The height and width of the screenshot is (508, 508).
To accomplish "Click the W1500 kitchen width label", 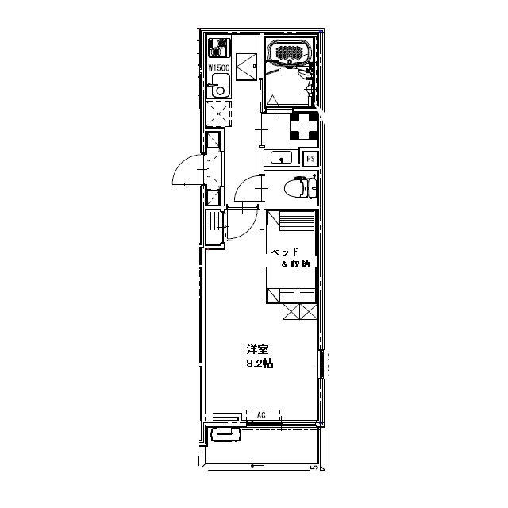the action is [x=219, y=68].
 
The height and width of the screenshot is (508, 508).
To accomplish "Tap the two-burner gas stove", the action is [x=219, y=48].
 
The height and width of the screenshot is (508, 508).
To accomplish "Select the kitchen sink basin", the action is [x=221, y=86].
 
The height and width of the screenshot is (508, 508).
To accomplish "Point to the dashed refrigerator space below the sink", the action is [x=219, y=114].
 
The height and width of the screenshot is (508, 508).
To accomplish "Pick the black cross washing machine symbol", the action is [x=304, y=125].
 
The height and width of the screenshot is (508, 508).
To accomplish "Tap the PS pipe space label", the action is [x=310, y=159].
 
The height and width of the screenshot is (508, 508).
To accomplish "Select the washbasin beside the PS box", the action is [x=281, y=157].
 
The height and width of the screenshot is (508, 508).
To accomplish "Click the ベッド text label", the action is [x=285, y=252].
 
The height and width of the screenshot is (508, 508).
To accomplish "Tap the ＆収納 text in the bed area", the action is [x=296, y=264].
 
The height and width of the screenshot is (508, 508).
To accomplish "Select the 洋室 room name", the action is [x=258, y=349].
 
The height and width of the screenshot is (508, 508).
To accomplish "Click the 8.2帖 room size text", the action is [x=260, y=363].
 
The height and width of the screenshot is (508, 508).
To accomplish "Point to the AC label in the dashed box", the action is [x=261, y=415].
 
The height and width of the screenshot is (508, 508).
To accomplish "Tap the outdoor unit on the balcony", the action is [x=225, y=434].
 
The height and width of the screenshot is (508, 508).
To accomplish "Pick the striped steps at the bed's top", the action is [x=297, y=221].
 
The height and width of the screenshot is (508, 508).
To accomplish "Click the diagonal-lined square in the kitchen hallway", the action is [x=247, y=67].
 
